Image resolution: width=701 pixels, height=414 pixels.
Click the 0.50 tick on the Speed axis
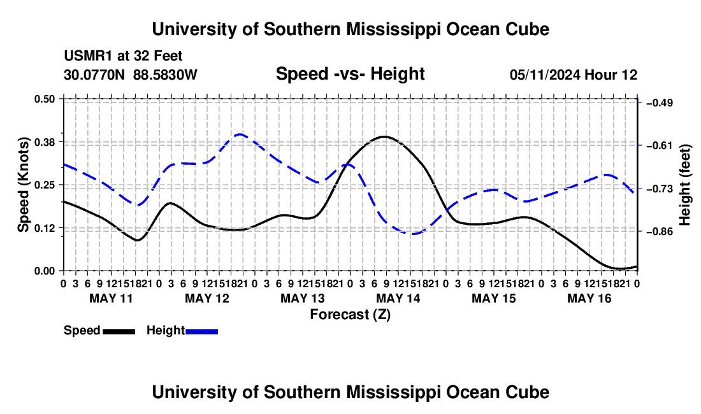44,99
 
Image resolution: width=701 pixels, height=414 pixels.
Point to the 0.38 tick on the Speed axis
44,142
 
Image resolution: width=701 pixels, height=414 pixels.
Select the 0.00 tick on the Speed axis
44,271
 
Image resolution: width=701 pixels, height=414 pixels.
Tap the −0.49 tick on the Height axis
660,103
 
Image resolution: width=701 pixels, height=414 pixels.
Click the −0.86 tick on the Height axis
660,231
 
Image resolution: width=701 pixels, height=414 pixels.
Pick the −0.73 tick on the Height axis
660,189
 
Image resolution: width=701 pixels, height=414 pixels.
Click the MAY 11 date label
112,298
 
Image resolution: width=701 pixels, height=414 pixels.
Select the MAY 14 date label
398,298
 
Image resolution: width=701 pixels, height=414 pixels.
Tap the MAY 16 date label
589,298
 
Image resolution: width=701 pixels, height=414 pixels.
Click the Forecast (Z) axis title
350,315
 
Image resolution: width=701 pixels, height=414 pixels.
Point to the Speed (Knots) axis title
23,185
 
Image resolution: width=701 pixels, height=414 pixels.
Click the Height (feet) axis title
684,185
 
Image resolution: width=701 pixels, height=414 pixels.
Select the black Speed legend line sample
119,331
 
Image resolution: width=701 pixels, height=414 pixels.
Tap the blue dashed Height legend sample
201,331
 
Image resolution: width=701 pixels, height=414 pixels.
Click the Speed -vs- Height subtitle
350,74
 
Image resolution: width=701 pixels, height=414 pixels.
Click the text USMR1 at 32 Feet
123,56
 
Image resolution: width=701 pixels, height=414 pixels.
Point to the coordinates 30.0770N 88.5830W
131,75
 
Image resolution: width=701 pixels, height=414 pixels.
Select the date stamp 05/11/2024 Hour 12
574,75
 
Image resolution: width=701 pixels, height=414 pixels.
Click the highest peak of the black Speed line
384,137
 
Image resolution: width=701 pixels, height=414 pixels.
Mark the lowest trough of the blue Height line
413,234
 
